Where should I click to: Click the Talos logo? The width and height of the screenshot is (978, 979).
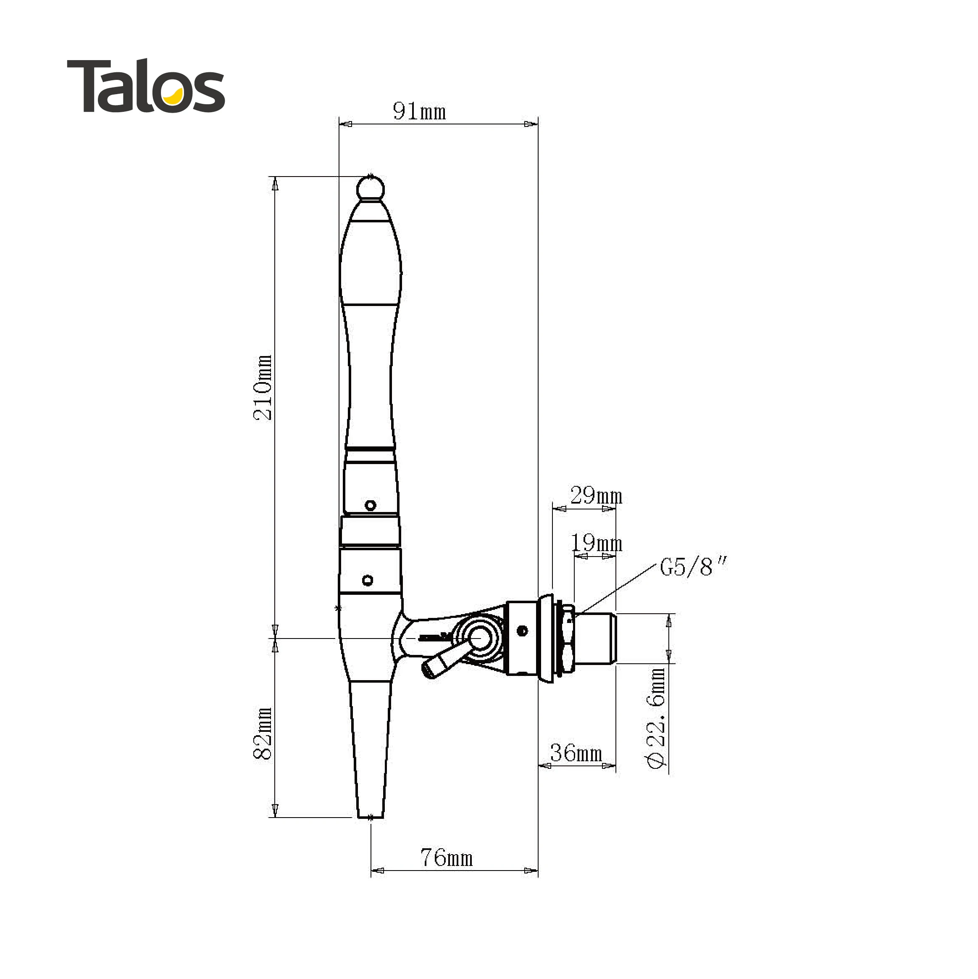click(x=146, y=86)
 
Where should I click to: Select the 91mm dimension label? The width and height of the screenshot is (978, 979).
click(x=419, y=111)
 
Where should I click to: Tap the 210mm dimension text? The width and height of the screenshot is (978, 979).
click(x=263, y=388)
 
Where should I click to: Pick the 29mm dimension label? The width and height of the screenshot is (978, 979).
click(x=596, y=496)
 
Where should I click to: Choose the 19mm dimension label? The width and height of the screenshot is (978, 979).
click(x=596, y=543)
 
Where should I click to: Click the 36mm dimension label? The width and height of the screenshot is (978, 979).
click(x=576, y=753)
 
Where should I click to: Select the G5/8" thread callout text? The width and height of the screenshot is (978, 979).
click(x=693, y=567)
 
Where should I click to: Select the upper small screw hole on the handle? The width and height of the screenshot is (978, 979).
click(x=370, y=505)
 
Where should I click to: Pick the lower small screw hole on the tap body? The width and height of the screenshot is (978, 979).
click(x=368, y=580)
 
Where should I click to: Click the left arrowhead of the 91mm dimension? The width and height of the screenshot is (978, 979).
click(x=345, y=124)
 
